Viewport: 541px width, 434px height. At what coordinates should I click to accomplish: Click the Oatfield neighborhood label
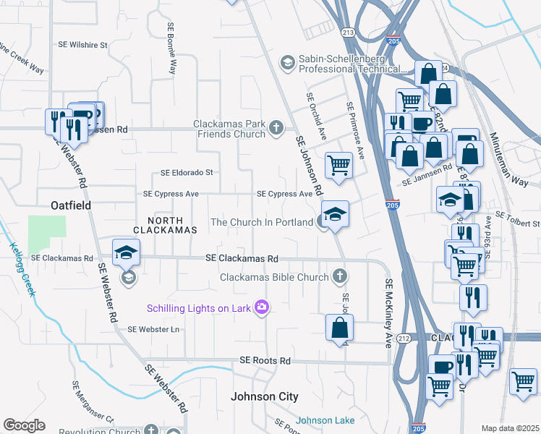[71, 205]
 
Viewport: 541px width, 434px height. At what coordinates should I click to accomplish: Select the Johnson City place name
[264, 396]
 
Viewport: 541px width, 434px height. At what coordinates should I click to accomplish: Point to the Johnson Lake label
[325, 420]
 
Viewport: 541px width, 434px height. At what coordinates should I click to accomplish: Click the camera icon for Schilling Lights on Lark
[260, 308]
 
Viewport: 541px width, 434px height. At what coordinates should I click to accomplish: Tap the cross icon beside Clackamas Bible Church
[340, 276]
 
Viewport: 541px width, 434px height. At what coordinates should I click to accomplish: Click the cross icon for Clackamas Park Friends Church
[276, 129]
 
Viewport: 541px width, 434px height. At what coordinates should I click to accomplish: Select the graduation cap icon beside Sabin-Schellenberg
[287, 63]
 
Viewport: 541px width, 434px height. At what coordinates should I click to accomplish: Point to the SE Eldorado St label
[187, 173]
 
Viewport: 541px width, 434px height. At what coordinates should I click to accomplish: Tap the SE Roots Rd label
[265, 360]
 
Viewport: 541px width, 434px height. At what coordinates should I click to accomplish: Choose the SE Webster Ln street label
[153, 329]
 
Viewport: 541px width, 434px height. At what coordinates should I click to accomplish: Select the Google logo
[24, 425]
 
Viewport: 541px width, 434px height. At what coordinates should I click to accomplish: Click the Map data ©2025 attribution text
[509, 428]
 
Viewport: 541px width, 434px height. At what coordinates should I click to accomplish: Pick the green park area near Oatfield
[46, 231]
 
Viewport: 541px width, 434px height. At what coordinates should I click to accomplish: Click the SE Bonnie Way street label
[171, 48]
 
